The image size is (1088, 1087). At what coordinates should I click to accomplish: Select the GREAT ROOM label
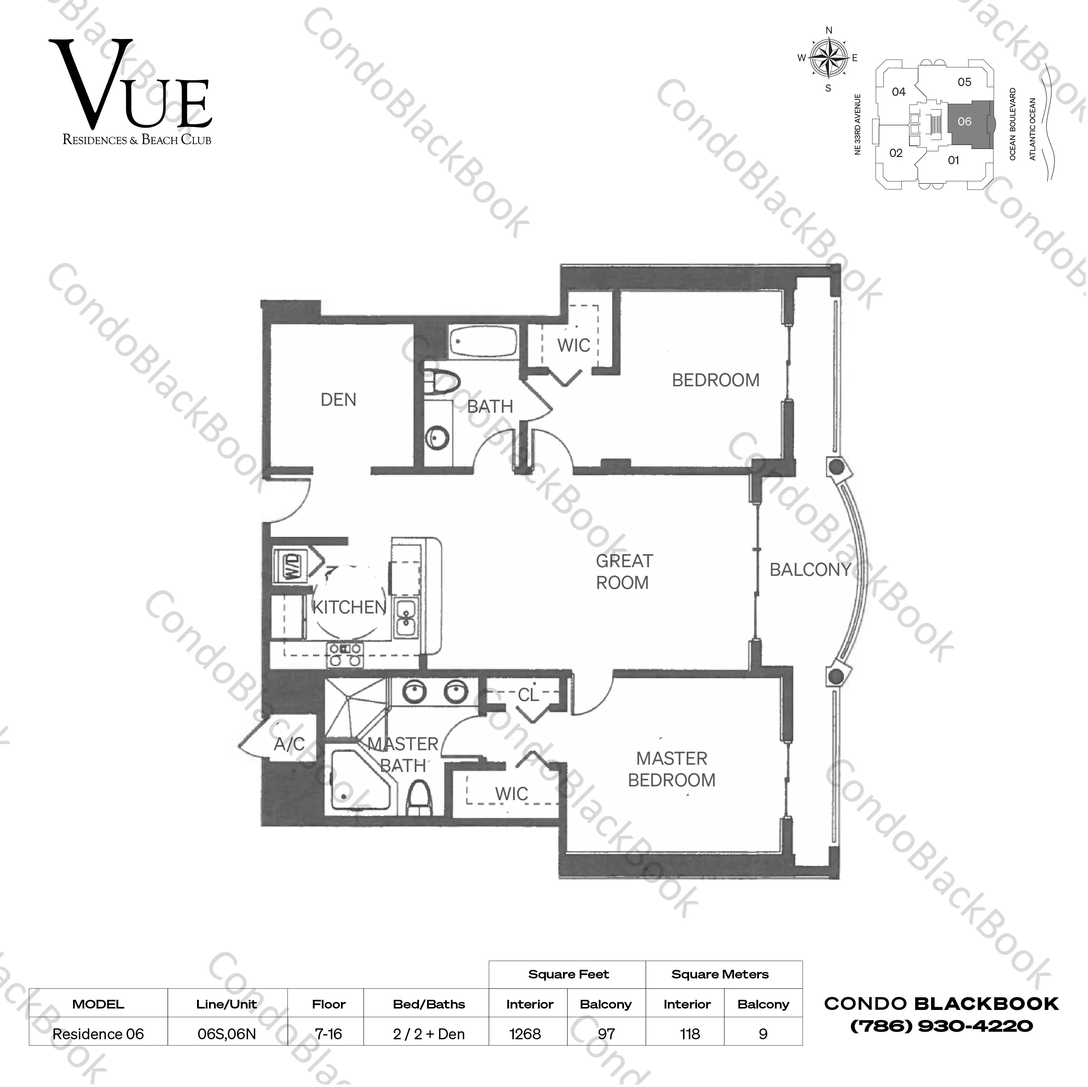tap(623, 572)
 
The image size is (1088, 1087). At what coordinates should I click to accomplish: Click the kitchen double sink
tap(405, 618)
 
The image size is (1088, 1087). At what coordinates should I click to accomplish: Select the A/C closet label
tap(289, 744)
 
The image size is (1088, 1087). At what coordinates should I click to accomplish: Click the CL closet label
tap(528, 695)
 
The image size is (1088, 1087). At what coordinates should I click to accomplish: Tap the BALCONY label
tap(810, 570)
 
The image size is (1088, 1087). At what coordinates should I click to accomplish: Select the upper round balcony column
tap(836, 467)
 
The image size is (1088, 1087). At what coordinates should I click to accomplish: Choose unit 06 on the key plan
tap(964, 121)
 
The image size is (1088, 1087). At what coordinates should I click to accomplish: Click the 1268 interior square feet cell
tap(525, 1034)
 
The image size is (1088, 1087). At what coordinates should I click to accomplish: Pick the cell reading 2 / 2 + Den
tap(428, 1034)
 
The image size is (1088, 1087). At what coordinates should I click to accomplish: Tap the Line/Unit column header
tap(226, 1004)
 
